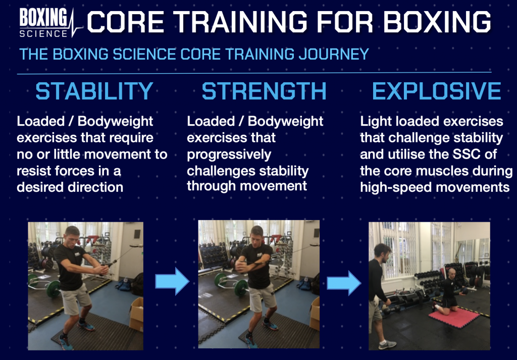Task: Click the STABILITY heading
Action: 94,91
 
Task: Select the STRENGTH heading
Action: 264,91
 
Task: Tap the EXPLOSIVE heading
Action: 437,91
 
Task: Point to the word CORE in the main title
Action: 126,22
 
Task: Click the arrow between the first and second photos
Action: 172,281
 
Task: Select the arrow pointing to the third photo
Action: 344,283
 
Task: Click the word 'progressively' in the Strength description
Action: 229,155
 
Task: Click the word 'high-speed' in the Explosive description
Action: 396,188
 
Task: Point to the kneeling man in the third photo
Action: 448,290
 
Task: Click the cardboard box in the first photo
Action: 137,314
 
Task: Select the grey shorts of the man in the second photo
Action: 262,298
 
